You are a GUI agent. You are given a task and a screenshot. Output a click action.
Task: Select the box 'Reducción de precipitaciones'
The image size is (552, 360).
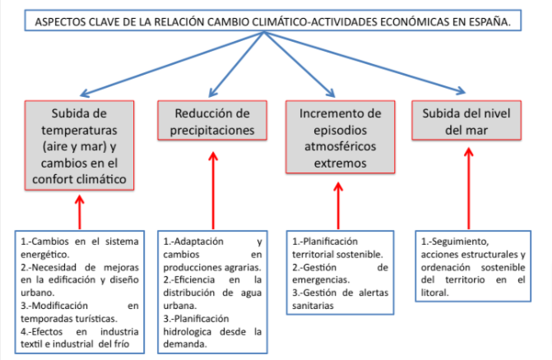[213, 121]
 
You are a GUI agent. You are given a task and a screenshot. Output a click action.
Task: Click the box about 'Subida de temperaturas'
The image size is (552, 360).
[79, 143]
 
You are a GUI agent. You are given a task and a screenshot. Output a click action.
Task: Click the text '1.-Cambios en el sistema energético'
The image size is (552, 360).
[74, 248]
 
